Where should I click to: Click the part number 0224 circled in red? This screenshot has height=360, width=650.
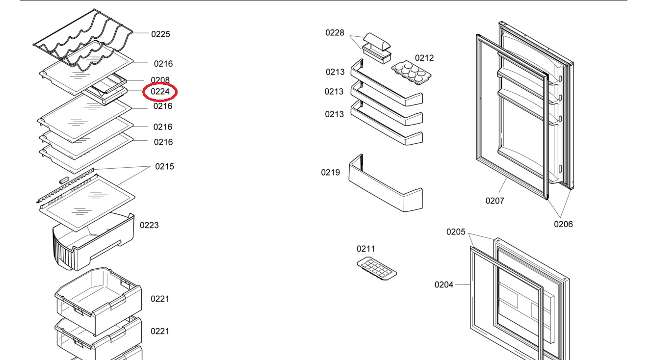(160, 92)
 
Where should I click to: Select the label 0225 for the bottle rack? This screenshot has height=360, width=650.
(160, 34)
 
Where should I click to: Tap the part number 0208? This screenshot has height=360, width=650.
(160, 80)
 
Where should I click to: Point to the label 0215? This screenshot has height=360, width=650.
(164, 166)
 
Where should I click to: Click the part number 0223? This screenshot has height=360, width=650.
(149, 226)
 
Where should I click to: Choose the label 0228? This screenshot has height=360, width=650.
(335, 33)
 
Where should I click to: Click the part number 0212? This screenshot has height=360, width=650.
(424, 58)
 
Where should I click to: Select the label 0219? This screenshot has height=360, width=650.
(330, 173)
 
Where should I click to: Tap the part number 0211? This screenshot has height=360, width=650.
(365, 249)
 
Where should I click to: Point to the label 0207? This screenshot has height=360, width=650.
(495, 201)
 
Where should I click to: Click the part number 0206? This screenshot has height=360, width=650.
(563, 224)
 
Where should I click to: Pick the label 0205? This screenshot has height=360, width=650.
(456, 232)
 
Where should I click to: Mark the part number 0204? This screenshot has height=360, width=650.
(443, 285)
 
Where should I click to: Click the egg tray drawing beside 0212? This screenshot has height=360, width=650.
(411, 73)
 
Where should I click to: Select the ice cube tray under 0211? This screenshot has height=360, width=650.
(377, 269)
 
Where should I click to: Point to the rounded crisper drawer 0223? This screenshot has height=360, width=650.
(93, 241)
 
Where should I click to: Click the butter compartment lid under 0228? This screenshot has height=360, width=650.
(377, 41)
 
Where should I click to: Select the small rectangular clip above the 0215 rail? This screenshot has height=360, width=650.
(64, 180)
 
